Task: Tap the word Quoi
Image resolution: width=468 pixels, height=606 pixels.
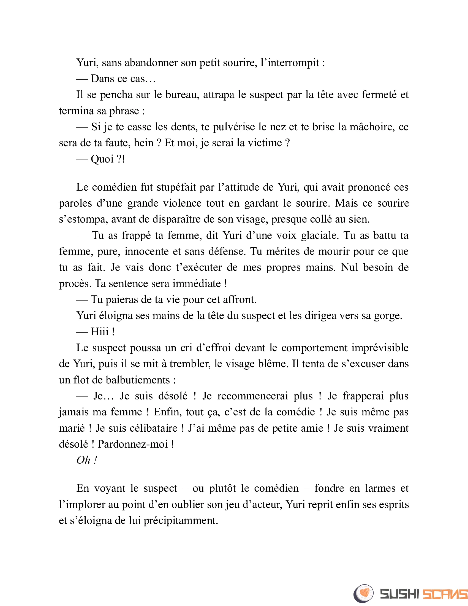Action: pos(102,159)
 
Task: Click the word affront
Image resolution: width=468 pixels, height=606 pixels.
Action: pos(240,300)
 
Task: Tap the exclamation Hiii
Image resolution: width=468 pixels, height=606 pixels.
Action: pos(100,332)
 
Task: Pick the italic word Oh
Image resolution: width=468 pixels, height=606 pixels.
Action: pos(83,461)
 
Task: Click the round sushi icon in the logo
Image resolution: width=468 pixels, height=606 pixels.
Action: pos(363,594)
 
